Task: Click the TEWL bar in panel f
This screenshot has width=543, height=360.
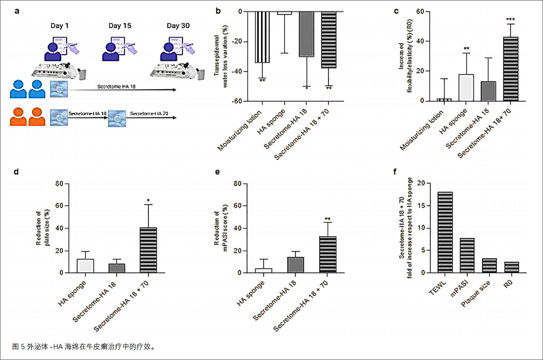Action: (445, 232)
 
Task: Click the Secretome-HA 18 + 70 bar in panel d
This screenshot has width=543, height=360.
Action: (147, 250)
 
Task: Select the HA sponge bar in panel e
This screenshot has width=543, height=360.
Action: (263, 270)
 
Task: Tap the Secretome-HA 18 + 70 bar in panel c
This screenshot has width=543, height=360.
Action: (510, 69)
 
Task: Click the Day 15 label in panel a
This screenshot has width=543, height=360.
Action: (119, 25)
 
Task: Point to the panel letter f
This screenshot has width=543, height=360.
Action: (397, 173)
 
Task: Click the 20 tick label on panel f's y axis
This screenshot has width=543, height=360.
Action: (420, 183)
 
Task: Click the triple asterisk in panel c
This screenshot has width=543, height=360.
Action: (510, 20)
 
